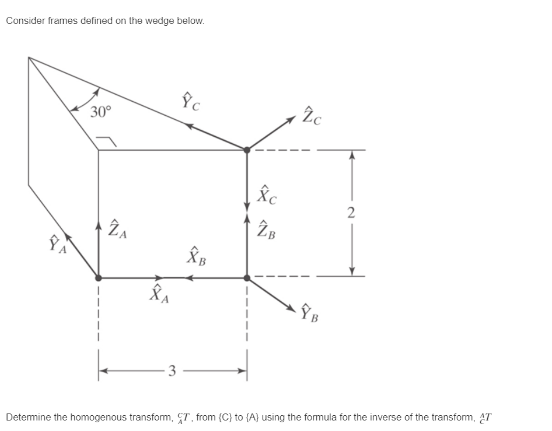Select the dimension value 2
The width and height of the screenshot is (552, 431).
click(351, 213)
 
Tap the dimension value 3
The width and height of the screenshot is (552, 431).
click(171, 370)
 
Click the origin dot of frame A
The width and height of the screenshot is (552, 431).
click(98, 277)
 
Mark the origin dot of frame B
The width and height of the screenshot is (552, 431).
click(247, 277)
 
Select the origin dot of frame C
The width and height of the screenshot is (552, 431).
click(247, 150)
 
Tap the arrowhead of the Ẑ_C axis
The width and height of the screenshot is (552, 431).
click(293, 119)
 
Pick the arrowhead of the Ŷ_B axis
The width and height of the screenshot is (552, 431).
click(293, 307)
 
